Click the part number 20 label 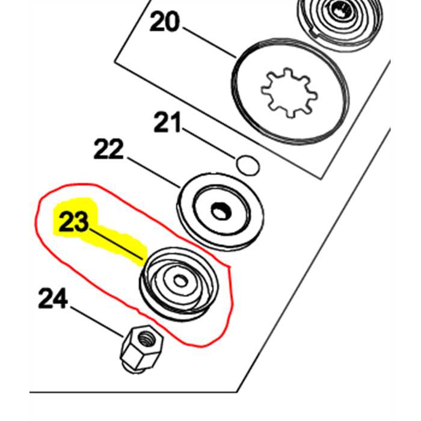point(164,22)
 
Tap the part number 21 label point(167,123)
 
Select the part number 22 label point(108,149)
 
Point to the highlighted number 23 point(73,221)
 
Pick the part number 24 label point(53,298)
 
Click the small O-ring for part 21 point(248,165)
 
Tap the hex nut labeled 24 point(141,348)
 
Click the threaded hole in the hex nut point(146,336)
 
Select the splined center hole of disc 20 point(289,93)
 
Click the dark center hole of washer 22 point(221,210)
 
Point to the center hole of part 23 point(180,281)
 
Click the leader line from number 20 point(209,42)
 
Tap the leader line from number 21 point(209,143)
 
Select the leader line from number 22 point(154,173)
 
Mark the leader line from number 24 point(97,322)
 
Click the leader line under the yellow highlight point(116,244)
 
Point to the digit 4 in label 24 point(60,298)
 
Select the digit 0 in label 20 point(172,22)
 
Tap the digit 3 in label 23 point(81,221)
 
